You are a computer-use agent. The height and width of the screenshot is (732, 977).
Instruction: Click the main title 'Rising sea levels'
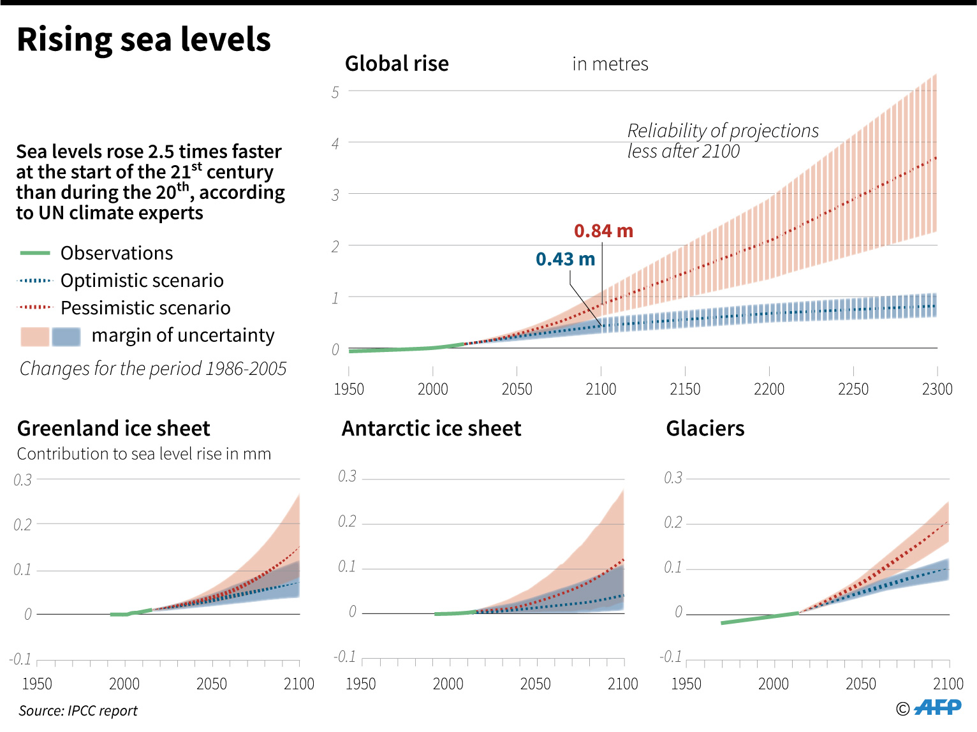(x=143, y=40)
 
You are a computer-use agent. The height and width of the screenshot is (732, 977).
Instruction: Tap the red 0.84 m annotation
(x=603, y=231)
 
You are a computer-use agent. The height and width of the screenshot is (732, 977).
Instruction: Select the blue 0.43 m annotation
(x=565, y=259)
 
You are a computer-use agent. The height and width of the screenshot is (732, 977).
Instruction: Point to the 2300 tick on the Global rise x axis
(x=937, y=389)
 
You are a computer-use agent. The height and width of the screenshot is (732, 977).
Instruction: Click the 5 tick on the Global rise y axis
(x=335, y=92)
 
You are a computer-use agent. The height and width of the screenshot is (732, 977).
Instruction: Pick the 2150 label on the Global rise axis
(x=685, y=389)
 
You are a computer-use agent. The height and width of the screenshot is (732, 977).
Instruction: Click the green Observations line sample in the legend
(x=35, y=253)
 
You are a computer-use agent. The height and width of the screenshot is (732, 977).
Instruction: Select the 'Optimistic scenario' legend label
(x=142, y=281)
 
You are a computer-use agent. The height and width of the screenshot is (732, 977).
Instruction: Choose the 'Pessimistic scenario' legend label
(x=145, y=308)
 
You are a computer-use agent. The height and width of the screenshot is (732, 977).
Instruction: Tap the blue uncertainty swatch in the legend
(x=66, y=336)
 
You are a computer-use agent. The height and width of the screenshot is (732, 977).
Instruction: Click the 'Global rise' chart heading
(x=397, y=64)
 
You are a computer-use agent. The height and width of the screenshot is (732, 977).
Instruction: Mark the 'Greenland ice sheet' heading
(x=114, y=428)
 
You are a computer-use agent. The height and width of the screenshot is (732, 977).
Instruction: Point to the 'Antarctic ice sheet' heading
(x=431, y=428)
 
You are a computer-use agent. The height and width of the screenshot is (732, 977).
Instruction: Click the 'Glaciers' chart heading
(x=705, y=428)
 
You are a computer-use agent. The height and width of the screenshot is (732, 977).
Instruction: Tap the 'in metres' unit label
(x=610, y=64)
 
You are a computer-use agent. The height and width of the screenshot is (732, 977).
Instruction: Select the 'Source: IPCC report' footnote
(x=78, y=710)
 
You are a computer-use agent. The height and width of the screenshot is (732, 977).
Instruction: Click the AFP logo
(x=937, y=707)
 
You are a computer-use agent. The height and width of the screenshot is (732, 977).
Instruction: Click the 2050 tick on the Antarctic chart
(x=535, y=684)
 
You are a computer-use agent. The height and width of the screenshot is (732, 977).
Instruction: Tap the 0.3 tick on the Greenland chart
(x=23, y=480)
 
